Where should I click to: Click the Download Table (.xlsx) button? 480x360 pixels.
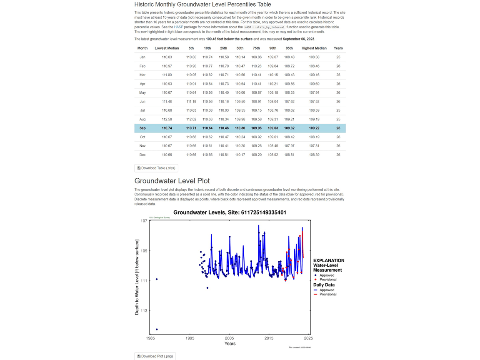pyautogui.click(x=156, y=168)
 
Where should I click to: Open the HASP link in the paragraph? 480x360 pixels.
pyautogui.click(x=178, y=27)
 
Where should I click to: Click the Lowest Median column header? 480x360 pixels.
pyautogui.click(x=167, y=48)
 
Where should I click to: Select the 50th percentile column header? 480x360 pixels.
pyautogui.click(x=240, y=48)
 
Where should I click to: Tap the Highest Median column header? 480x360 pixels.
pyautogui.click(x=314, y=48)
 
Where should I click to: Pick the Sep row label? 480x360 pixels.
pyautogui.click(x=142, y=128)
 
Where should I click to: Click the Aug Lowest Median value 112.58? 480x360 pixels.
pyautogui.click(x=167, y=119)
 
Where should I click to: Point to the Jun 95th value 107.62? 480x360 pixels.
pyautogui.click(x=289, y=102)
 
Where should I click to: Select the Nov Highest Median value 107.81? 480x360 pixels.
pyautogui.click(x=314, y=146)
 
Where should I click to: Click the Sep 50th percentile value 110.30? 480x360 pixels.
pyautogui.click(x=240, y=128)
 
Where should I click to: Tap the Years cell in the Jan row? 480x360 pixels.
pyautogui.click(x=338, y=57)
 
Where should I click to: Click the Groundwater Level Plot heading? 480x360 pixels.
pyautogui.click(x=172, y=181)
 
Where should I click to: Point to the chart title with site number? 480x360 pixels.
pyautogui.click(x=230, y=212)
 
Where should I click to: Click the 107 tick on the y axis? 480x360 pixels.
pyautogui.click(x=143, y=221)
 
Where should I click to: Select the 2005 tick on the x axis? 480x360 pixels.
pyautogui.click(x=229, y=338)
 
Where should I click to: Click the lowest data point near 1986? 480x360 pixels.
pyautogui.click(x=157, y=330)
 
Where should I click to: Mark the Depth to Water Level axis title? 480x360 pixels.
pyautogui.click(x=137, y=277)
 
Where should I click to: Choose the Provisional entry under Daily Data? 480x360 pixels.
pyautogui.click(x=327, y=294)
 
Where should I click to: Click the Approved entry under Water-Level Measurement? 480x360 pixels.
pyautogui.click(x=327, y=275)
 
